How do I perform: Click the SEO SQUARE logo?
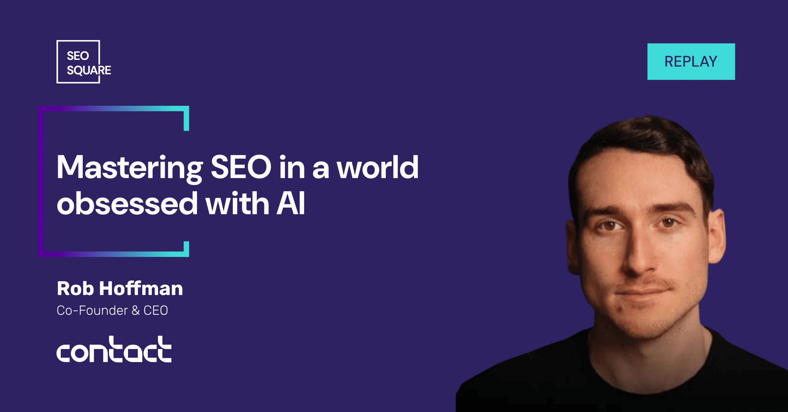point(84,62)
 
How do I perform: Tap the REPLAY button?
point(691,61)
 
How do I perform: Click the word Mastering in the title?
point(130,168)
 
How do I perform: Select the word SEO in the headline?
point(241,167)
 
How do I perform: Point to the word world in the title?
point(378,167)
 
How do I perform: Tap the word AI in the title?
point(291,204)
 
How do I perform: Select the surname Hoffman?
point(141,288)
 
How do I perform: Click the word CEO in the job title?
point(156,310)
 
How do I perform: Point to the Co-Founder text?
point(92,310)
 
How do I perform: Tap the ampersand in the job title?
point(136,310)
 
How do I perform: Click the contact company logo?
point(114,349)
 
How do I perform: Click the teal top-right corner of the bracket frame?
point(186,109)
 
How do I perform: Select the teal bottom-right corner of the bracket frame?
point(186,254)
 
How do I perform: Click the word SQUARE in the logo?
point(89,70)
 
